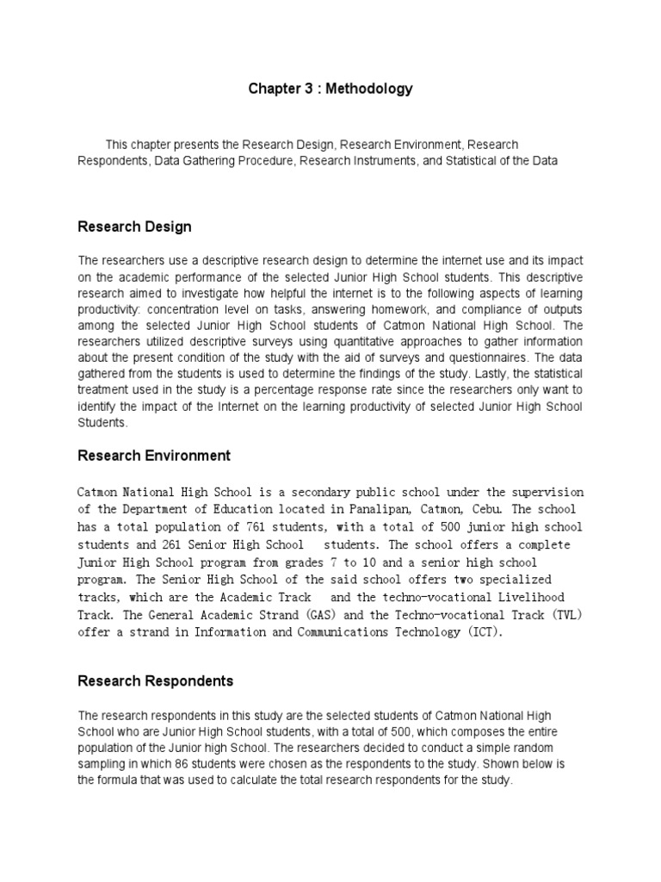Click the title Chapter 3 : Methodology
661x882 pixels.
click(330, 89)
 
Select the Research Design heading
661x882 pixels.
click(134, 227)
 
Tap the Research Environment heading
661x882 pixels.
click(154, 455)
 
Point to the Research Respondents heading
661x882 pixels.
click(155, 680)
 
